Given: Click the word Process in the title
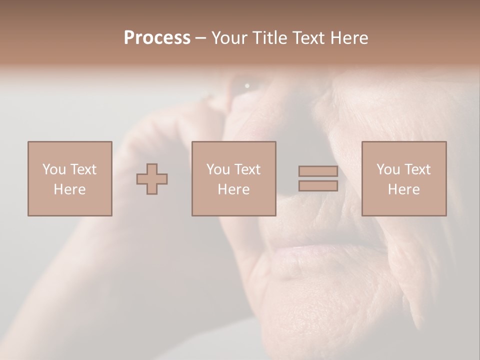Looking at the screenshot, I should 157,38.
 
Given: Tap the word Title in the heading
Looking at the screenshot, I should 270,38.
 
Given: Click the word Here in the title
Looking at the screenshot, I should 350,38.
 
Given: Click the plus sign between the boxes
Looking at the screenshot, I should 152,179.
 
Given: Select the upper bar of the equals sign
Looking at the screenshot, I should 318,171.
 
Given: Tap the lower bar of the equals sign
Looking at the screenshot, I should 318,186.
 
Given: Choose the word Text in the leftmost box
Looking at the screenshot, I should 83,169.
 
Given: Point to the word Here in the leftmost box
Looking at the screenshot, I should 69,189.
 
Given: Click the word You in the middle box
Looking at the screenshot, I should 218,169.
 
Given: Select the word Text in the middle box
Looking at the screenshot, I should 247,169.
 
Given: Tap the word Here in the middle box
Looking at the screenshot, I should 233,189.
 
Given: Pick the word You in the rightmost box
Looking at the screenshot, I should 388,169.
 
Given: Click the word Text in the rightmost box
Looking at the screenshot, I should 417,169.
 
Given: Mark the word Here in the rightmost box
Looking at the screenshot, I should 403,189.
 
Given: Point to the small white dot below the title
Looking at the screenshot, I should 247,86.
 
